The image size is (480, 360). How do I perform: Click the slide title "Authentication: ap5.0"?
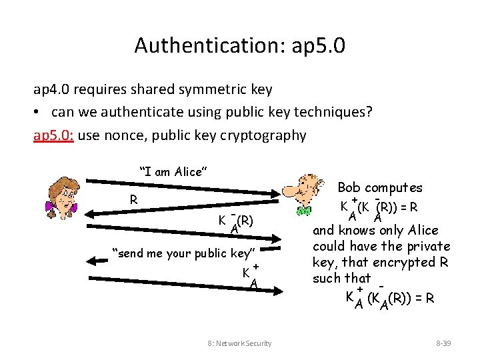[x=239, y=45]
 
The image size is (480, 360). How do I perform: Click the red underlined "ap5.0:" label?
[x=54, y=135]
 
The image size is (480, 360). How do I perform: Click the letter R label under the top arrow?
[x=134, y=199]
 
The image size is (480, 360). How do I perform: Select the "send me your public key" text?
[x=184, y=253]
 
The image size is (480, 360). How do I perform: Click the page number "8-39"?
[x=443, y=343]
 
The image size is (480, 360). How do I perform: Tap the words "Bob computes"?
[x=380, y=188]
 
